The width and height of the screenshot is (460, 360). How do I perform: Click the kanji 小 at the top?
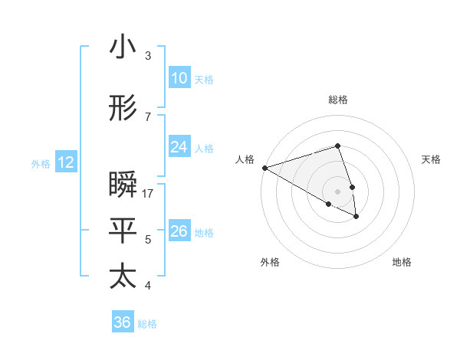pos(123,47)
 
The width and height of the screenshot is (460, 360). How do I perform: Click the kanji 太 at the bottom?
pos(123,277)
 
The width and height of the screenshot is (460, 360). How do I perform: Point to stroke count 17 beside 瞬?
pos(148,194)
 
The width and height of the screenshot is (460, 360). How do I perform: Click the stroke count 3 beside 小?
pos(148,56)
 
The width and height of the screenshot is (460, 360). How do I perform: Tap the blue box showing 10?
pos(179,78)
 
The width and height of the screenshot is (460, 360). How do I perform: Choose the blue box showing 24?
pos(179,147)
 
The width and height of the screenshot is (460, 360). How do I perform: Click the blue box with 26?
pos(179,231)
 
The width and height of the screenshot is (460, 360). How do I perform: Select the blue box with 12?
pos(65,162)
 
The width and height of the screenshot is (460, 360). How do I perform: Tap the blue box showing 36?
pos(122,322)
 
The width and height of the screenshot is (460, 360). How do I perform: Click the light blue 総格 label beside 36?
pos(147,324)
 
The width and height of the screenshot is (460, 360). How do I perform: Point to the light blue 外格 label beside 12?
pos(41,163)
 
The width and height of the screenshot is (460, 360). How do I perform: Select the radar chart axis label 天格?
pos(431,159)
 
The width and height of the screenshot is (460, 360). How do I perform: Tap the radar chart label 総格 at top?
pos(338,100)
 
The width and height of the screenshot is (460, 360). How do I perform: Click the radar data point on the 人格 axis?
pos(264,168)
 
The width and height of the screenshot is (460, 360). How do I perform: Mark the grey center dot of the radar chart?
pos(338,191)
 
